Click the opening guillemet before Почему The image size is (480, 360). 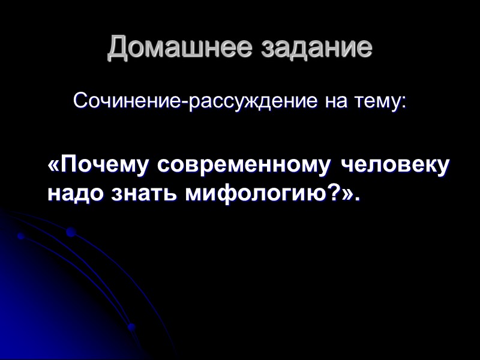[53, 166]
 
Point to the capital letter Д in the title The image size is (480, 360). [118, 49]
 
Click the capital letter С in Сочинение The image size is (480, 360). [80, 100]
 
